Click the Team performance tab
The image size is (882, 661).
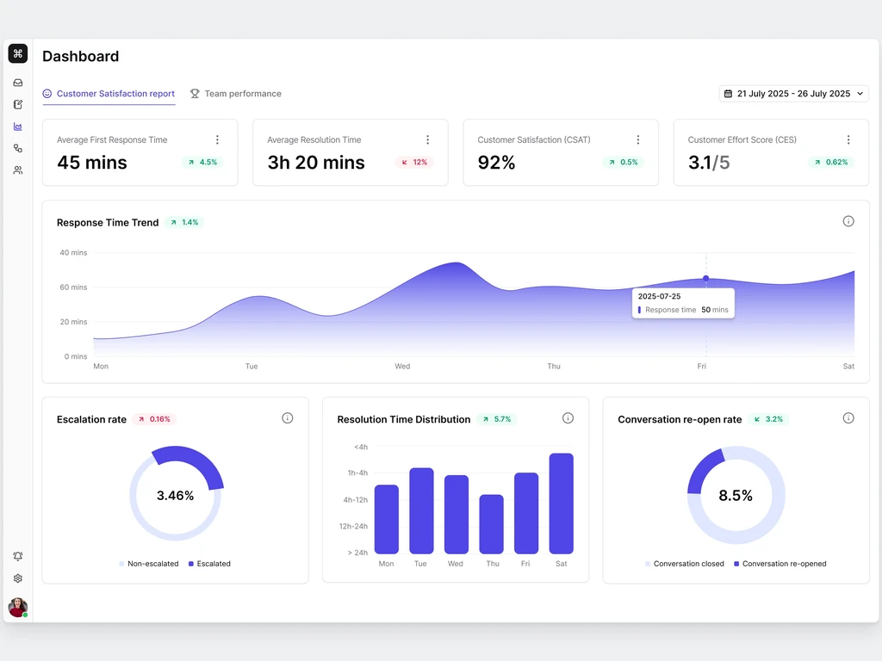point(236,93)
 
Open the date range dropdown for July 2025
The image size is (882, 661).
point(793,93)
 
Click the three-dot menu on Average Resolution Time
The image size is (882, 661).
point(427,139)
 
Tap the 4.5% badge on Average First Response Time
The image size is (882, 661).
point(202,163)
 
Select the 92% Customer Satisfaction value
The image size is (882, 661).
point(496,163)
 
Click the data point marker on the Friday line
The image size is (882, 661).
point(706,278)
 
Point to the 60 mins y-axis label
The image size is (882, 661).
point(74,287)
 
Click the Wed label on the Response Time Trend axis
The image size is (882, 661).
point(402,366)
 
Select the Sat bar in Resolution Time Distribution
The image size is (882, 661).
point(562,503)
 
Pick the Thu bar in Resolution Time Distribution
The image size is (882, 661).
point(491,524)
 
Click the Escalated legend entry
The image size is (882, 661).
point(209,563)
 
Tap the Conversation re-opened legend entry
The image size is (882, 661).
point(780,563)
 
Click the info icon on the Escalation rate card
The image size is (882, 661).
point(288,418)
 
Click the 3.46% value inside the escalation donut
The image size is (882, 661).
point(175,495)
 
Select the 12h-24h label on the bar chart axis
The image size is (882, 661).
point(353,526)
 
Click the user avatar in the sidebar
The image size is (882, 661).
point(18,607)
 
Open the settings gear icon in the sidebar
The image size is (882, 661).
point(18,578)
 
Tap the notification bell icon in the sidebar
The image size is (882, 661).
point(18,556)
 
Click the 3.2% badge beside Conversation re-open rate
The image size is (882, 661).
point(768,419)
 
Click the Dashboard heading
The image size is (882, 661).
point(80,56)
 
